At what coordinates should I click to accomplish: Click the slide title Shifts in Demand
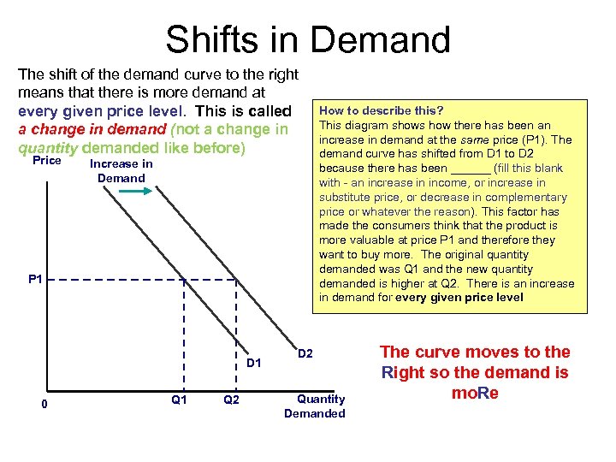[308, 39]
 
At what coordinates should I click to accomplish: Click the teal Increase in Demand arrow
[134, 194]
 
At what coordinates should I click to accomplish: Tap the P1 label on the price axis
[35, 279]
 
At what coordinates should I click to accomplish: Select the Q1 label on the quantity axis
[180, 400]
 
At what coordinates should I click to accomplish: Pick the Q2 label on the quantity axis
[231, 400]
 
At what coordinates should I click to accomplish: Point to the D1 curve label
[254, 364]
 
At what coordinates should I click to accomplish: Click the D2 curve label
[306, 353]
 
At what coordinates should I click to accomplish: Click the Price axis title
[46, 161]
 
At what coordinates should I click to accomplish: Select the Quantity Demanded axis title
[315, 406]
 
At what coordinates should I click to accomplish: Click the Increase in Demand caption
[121, 171]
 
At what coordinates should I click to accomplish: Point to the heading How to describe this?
[381, 110]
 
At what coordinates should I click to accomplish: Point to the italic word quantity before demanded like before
[44, 147]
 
